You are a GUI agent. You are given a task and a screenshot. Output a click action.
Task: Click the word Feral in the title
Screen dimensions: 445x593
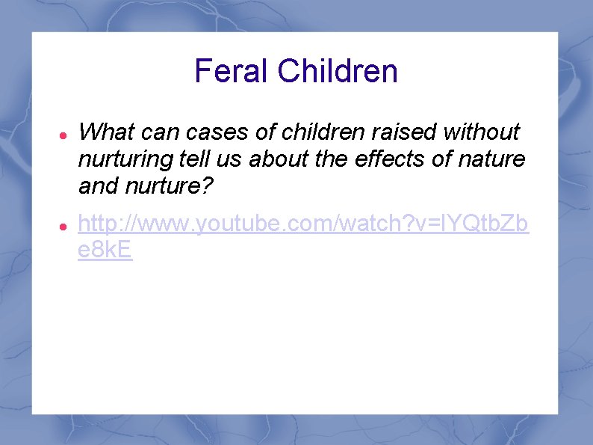pyautogui.click(x=232, y=72)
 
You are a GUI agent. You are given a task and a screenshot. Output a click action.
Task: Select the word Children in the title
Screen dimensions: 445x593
pyautogui.click(x=338, y=72)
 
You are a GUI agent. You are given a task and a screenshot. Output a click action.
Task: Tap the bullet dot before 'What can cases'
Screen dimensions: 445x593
pyautogui.click(x=64, y=134)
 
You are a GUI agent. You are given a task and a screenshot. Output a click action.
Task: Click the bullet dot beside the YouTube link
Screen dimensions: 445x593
pyautogui.click(x=64, y=224)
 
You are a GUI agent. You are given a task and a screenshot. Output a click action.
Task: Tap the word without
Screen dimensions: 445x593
pyautogui.click(x=482, y=132)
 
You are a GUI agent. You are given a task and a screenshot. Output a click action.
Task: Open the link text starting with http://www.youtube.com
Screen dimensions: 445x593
pyautogui.click(x=303, y=224)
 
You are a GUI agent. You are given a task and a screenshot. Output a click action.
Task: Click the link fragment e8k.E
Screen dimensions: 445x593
pyautogui.click(x=105, y=251)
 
